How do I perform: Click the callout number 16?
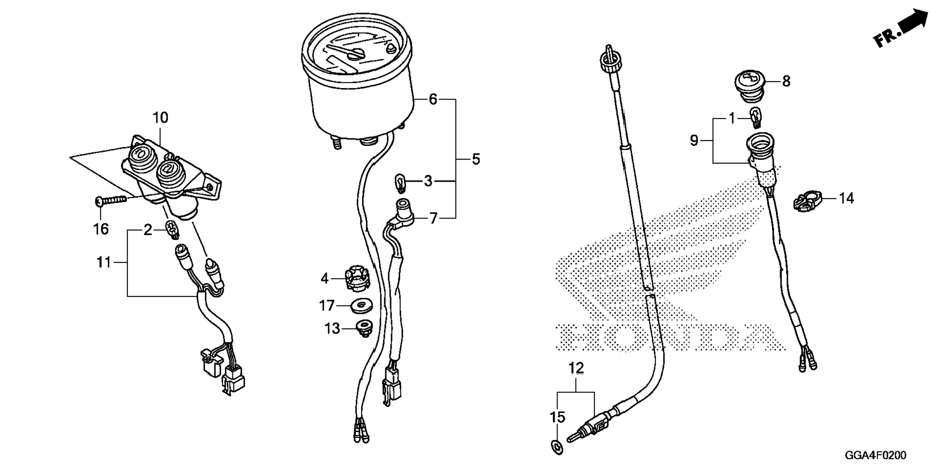coord(101,229)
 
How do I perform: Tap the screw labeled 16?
coord(111,199)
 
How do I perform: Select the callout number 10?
coord(160,117)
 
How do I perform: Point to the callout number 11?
coord(104,263)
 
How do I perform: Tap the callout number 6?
coord(433,100)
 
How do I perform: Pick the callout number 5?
coord(476,159)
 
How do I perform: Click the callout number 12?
coord(576,368)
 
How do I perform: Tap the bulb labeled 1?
coord(755,117)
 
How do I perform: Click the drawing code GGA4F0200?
coord(876,455)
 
